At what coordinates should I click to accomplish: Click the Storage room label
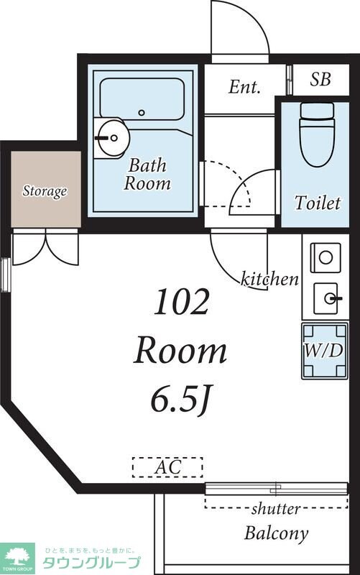click(45, 190)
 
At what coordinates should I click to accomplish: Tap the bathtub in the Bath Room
click(142, 99)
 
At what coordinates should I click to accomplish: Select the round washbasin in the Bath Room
click(112, 138)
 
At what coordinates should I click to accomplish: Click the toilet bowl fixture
click(317, 134)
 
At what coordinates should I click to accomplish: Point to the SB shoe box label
click(320, 79)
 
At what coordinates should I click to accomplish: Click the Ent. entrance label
click(244, 87)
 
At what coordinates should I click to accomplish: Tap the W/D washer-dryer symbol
click(325, 351)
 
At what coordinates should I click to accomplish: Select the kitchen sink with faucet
click(326, 298)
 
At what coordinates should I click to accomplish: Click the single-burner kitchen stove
click(326, 257)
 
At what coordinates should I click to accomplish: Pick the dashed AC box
click(167, 467)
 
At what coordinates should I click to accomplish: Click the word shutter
click(276, 509)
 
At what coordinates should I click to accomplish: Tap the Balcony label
click(276, 533)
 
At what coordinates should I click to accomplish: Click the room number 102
click(182, 302)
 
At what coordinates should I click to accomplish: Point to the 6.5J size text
click(180, 401)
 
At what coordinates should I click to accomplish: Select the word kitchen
click(269, 280)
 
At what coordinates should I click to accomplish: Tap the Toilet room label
click(318, 203)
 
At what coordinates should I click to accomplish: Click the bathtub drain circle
click(142, 113)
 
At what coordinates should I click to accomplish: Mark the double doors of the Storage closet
click(45, 247)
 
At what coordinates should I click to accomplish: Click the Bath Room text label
click(147, 175)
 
